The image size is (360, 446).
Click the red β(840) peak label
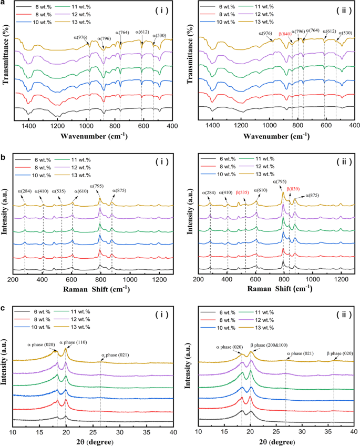284,34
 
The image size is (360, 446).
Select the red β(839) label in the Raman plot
294,188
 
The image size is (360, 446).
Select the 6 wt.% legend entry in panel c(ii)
227,314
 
